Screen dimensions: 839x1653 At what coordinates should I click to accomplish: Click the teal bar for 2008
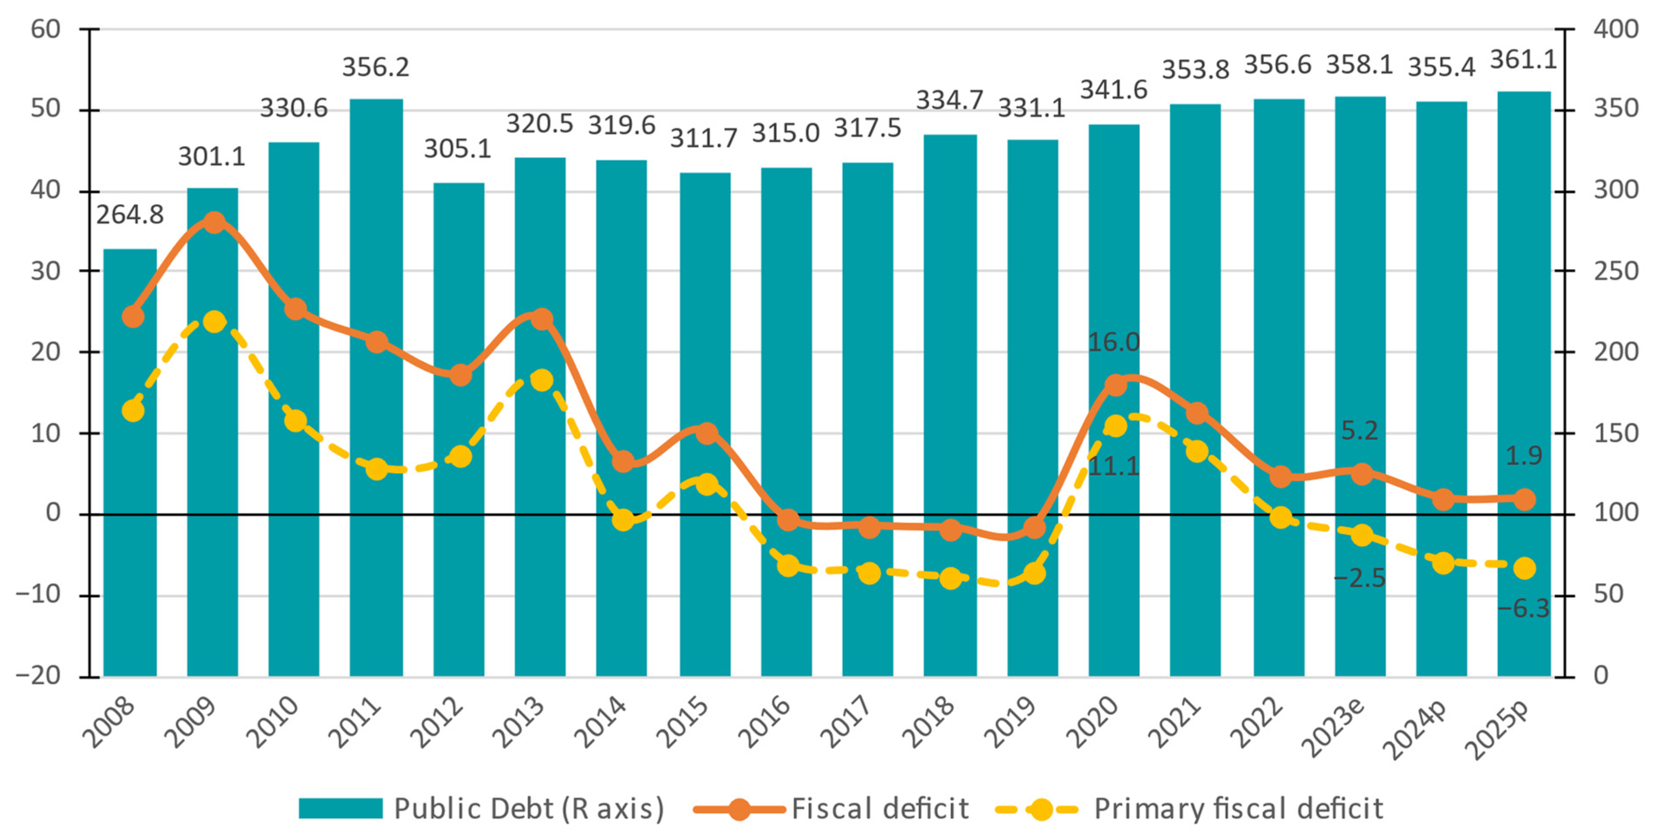pos(130,462)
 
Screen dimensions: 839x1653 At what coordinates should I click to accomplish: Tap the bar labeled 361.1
pos(1524,385)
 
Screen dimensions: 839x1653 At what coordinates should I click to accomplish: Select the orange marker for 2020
pos(1115,385)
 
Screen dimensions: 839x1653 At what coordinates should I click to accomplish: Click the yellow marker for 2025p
pos(1524,568)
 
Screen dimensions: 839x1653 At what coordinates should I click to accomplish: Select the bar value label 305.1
pos(458,149)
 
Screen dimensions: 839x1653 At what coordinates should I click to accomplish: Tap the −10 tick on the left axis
pos(39,595)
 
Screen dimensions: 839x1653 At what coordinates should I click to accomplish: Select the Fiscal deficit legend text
pos(880,809)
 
